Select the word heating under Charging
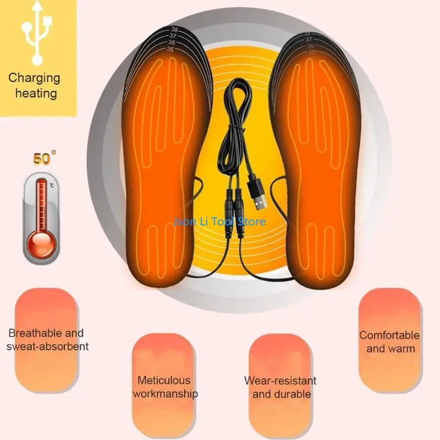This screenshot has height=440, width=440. pyautogui.click(x=36, y=93)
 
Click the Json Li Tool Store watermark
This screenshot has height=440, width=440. pyautogui.click(x=219, y=221)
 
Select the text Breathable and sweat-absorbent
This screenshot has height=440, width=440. pyautogui.click(x=47, y=339)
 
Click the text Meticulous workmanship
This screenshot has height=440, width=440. pyautogui.click(x=165, y=387)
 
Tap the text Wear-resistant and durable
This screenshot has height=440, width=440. pyautogui.click(x=280, y=387)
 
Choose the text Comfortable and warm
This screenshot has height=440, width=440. pyautogui.click(x=389, y=342)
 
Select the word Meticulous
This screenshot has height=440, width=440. pyautogui.click(x=164, y=380)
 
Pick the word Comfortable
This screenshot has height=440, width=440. pyautogui.click(x=389, y=335)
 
